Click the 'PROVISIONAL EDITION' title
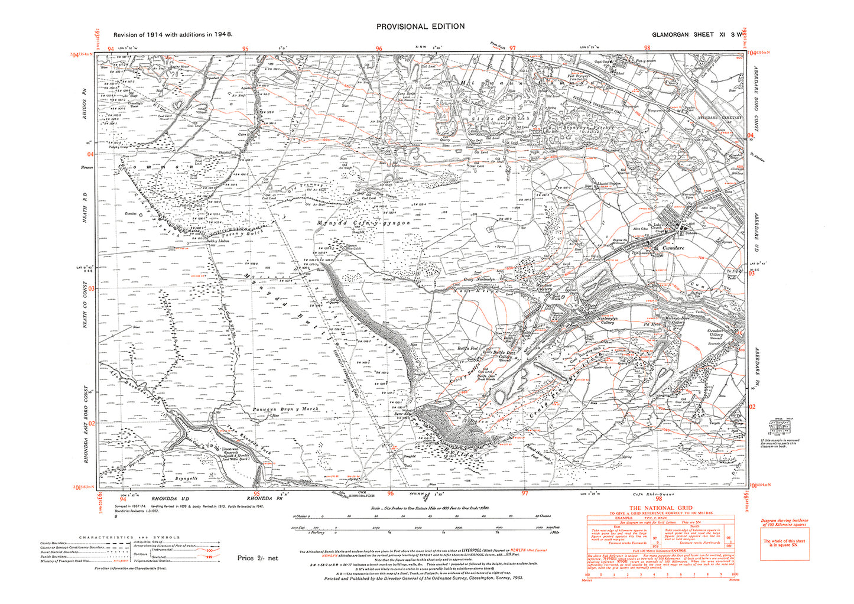click(x=420, y=26)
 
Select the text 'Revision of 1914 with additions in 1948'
click(x=173, y=34)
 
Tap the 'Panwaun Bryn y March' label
click(x=285, y=409)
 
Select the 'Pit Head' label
click(x=651, y=324)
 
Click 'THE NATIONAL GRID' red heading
click(x=660, y=508)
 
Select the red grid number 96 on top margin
click(x=379, y=49)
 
